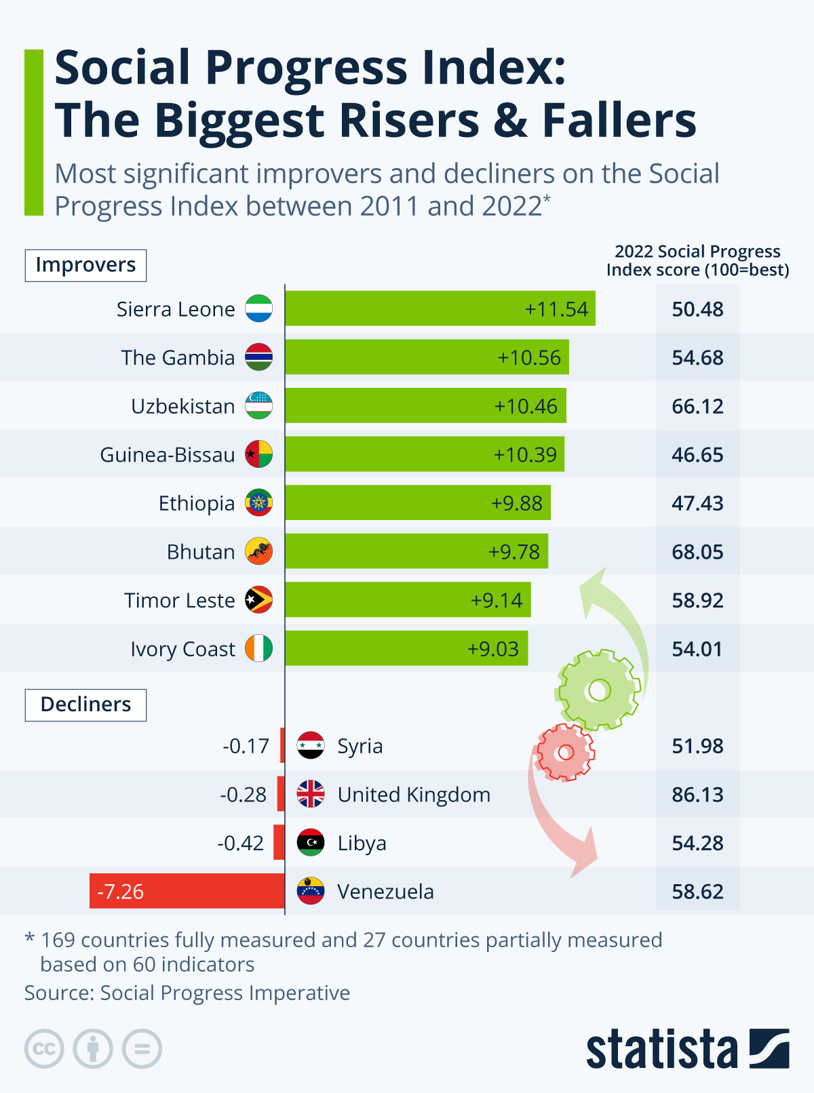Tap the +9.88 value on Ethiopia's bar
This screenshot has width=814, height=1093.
517,503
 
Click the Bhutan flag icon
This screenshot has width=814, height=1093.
258,552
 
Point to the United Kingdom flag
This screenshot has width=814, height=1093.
311,794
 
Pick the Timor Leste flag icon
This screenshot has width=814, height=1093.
258,600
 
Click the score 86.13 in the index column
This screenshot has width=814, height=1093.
697,794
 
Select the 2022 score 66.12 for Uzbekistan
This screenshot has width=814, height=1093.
697,406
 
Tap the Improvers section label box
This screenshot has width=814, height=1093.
85,265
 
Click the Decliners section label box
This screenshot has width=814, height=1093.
85,704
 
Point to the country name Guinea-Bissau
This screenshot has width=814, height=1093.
167,454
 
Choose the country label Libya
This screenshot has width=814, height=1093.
362,843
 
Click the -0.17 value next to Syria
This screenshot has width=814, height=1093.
246,746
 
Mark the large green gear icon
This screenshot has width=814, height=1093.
598,690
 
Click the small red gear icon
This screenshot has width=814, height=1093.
564,752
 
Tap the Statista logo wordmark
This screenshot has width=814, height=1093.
661,1050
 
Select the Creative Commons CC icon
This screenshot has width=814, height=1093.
44,1049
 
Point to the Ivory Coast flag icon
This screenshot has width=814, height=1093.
258,648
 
